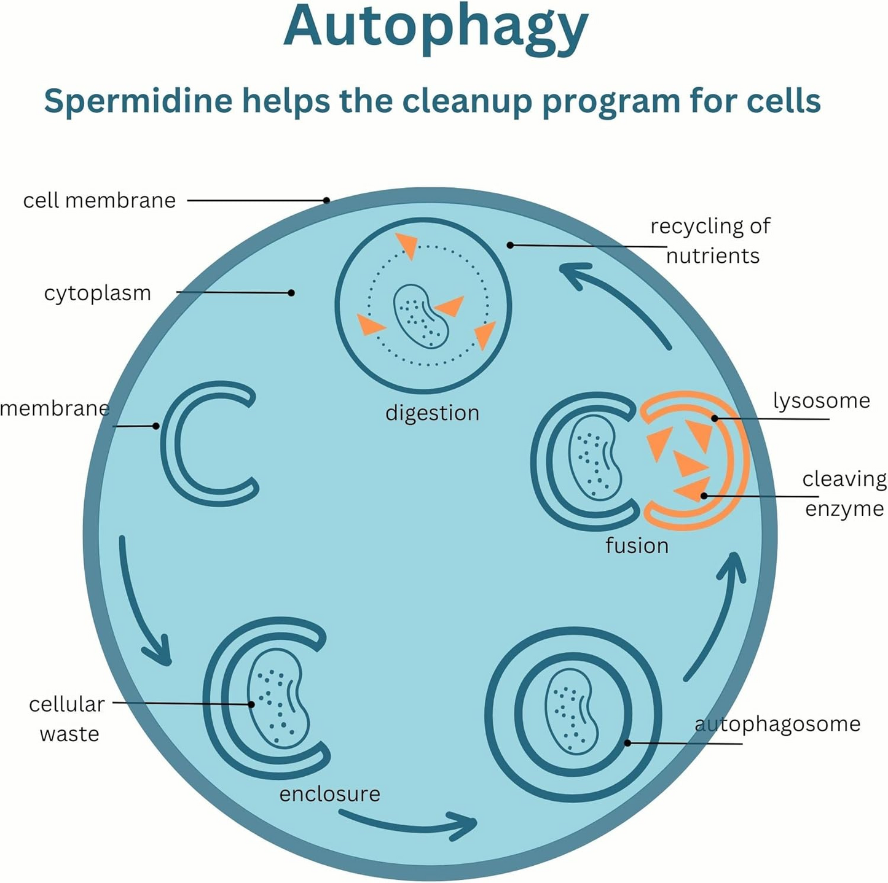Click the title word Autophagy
436,28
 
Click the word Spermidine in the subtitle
138,101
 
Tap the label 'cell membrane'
100,201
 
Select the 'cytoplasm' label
98,293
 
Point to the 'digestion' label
432,413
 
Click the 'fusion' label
637,545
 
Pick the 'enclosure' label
329,794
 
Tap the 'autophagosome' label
777,724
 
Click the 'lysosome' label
821,401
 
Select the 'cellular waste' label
67,718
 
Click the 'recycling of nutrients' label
710,241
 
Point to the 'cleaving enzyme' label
844,494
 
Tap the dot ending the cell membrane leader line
327,200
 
